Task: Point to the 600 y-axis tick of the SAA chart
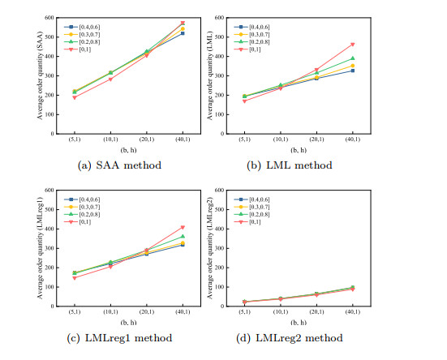50,17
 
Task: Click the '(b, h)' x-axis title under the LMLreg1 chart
116,320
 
